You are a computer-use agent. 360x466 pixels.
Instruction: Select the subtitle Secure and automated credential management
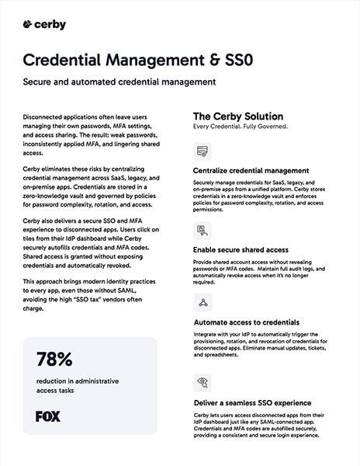pos(118,82)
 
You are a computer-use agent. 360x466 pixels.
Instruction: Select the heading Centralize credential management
pos(251,170)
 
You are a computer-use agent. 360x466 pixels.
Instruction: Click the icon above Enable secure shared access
pos(202,231)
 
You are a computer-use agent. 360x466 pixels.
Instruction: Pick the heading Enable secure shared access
pos(241,249)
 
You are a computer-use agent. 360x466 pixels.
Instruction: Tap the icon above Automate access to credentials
pos(202,303)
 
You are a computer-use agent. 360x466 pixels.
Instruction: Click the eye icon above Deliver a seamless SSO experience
pos(202,384)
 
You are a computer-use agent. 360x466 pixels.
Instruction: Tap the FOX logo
pos(48,416)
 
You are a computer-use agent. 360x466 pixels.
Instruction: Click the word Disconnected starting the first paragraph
pos(42,114)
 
